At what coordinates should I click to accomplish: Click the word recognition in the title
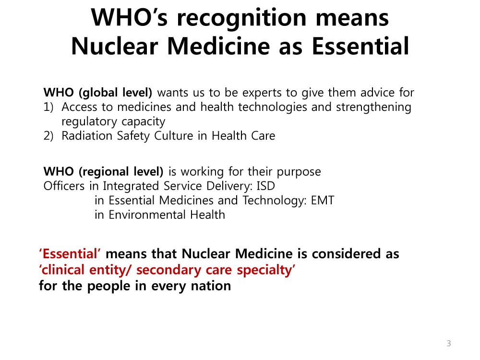click(241, 18)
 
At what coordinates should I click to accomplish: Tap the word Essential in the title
click(360, 46)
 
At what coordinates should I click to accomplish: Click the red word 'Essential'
click(70, 254)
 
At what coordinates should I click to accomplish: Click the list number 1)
click(48, 107)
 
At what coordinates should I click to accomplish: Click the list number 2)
click(48, 136)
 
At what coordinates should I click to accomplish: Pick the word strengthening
click(373, 108)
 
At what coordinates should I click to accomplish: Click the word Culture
click(174, 136)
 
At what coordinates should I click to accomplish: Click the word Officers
click(64, 186)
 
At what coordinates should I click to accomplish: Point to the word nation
click(211, 286)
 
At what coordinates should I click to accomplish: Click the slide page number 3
click(449, 344)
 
